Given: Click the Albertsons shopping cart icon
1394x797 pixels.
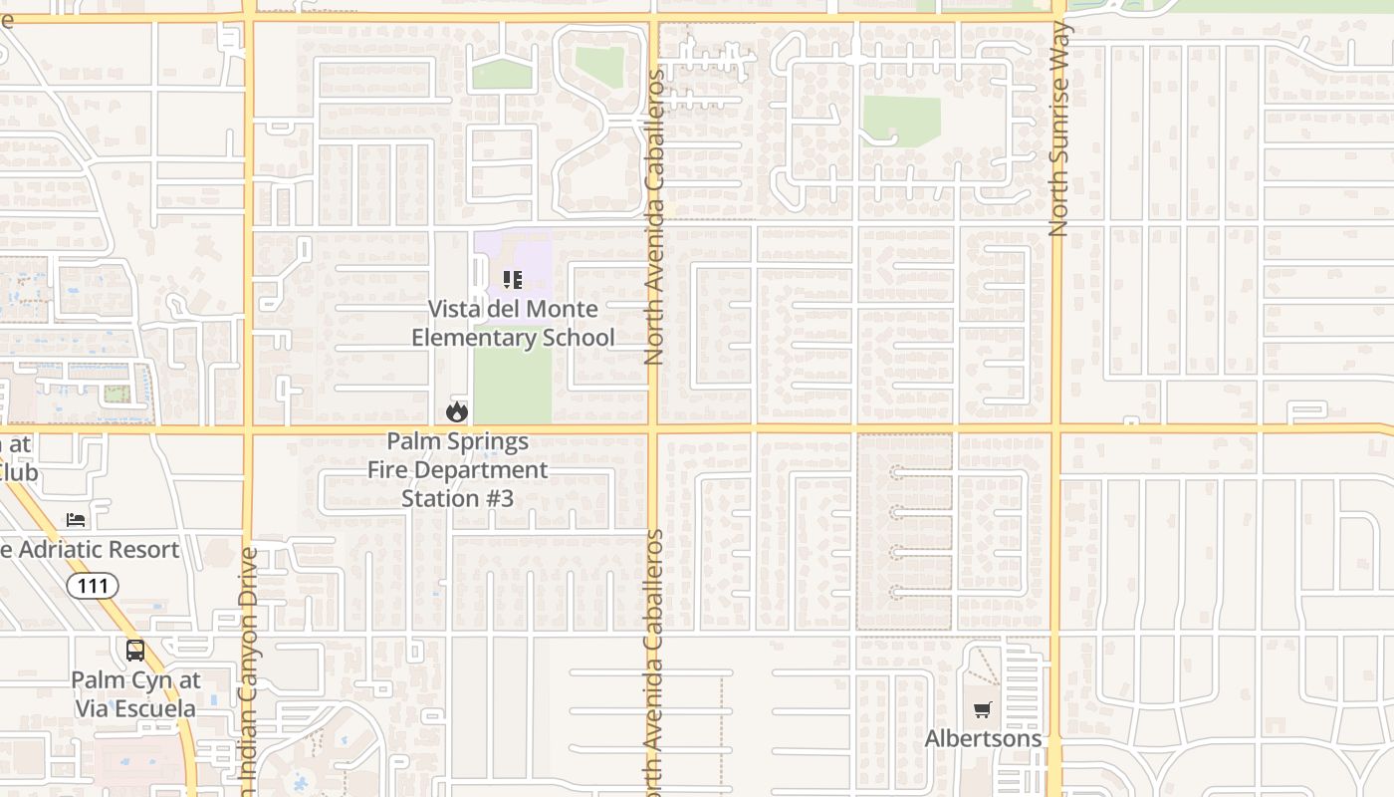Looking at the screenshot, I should point(983,710).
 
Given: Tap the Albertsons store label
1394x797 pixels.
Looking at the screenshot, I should point(983,738).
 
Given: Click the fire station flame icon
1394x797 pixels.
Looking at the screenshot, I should point(457,411).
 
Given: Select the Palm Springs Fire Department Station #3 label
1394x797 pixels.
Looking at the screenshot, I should point(458,469).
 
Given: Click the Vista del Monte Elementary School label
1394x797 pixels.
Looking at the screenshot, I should point(513,323).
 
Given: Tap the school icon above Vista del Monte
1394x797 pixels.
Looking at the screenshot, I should point(512,280).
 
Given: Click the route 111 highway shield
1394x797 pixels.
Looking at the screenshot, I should point(93,586).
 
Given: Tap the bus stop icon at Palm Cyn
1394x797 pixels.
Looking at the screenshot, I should point(134,651).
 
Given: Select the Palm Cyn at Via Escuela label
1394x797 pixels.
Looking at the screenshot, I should point(135,694).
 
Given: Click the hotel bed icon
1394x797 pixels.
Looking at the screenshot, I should point(76,519).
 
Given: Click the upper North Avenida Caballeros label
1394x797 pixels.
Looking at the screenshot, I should point(653,217).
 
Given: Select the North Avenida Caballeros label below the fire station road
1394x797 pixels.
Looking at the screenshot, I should point(653,658).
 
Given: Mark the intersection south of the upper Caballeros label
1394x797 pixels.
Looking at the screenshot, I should point(653,429).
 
